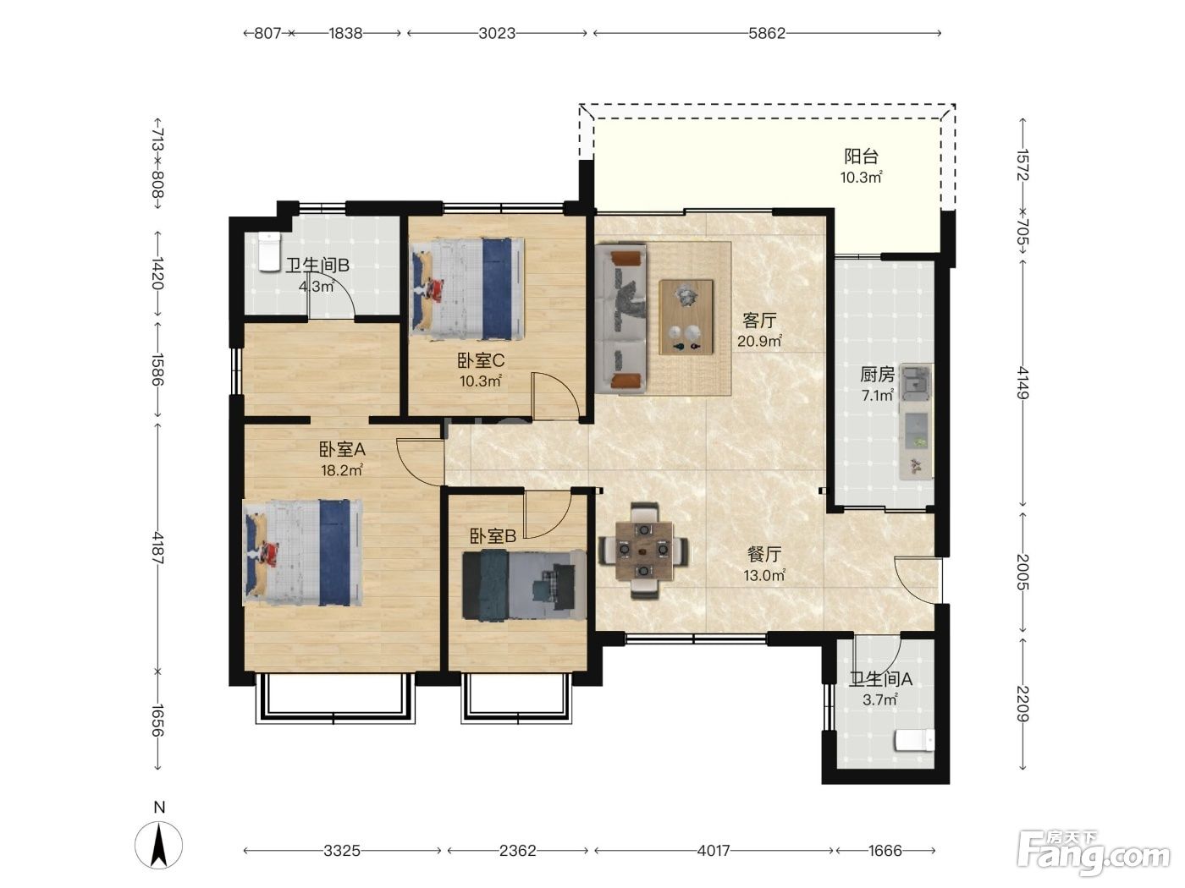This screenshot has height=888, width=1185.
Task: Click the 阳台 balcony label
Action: pyautogui.click(x=861, y=157)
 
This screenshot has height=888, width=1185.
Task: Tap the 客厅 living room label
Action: pyautogui.click(x=759, y=321)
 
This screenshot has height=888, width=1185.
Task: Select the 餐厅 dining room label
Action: pyautogui.click(x=764, y=554)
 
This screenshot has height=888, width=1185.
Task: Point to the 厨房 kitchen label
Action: pyautogui.click(x=877, y=375)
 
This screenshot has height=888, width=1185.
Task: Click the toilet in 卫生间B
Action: pyautogui.click(x=269, y=251)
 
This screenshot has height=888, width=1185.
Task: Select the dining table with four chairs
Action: pyautogui.click(x=643, y=551)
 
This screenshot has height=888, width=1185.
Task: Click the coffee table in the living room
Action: pyautogui.click(x=686, y=317)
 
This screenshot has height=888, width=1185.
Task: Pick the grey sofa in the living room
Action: pyautogui.click(x=620, y=318)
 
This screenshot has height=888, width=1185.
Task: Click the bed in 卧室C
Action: pyautogui.click(x=467, y=289)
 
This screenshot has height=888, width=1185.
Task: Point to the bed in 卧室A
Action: pyautogui.click(x=303, y=552)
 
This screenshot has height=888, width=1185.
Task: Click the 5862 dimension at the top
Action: pyautogui.click(x=767, y=34)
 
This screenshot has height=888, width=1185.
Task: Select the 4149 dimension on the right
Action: pyautogui.click(x=1022, y=383)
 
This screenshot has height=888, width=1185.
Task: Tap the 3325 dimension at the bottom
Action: pyautogui.click(x=342, y=851)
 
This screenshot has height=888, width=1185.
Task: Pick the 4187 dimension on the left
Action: pyautogui.click(x=157, y=548)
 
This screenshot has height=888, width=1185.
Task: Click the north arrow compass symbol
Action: pyautogui.click(x=159, y=845)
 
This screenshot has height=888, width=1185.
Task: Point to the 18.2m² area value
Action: pyautogui.click(x=342, y=470)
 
